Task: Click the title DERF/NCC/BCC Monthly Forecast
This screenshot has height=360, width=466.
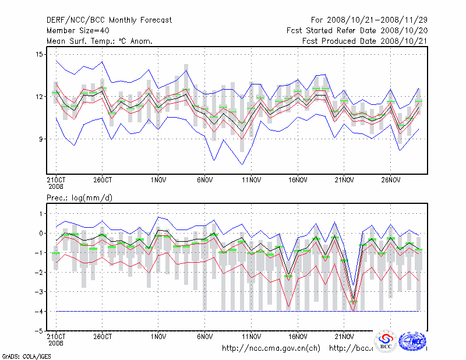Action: click(x=109, y=20)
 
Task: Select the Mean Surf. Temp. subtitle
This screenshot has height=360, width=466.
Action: click(x=100, y=41)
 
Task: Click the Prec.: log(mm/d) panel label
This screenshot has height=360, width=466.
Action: click(x=79, y=197)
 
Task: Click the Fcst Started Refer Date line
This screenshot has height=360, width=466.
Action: click(x=358, y=30)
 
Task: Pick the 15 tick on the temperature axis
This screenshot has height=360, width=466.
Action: click(x=39, y=54)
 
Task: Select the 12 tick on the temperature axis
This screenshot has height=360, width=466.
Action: click(x=39, y=97)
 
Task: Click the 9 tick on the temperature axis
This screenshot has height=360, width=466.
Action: click(x=41, y=139)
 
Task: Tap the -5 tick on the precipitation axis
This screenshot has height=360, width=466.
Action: click(x=39, y=331)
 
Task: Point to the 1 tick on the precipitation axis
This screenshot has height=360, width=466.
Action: click(x=41, y=214)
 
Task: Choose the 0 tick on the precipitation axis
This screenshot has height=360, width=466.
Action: click(x=41, y=233)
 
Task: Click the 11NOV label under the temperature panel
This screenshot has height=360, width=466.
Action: click(x=251, y=180)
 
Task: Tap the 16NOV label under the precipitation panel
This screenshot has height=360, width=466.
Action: click(x=298, y=336)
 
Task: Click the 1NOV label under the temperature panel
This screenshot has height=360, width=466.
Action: click(x=159, y=180)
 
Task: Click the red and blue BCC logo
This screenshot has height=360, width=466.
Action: click(x=386, y=341)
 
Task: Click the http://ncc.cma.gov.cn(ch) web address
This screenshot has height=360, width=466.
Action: click(x=271, y=348)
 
